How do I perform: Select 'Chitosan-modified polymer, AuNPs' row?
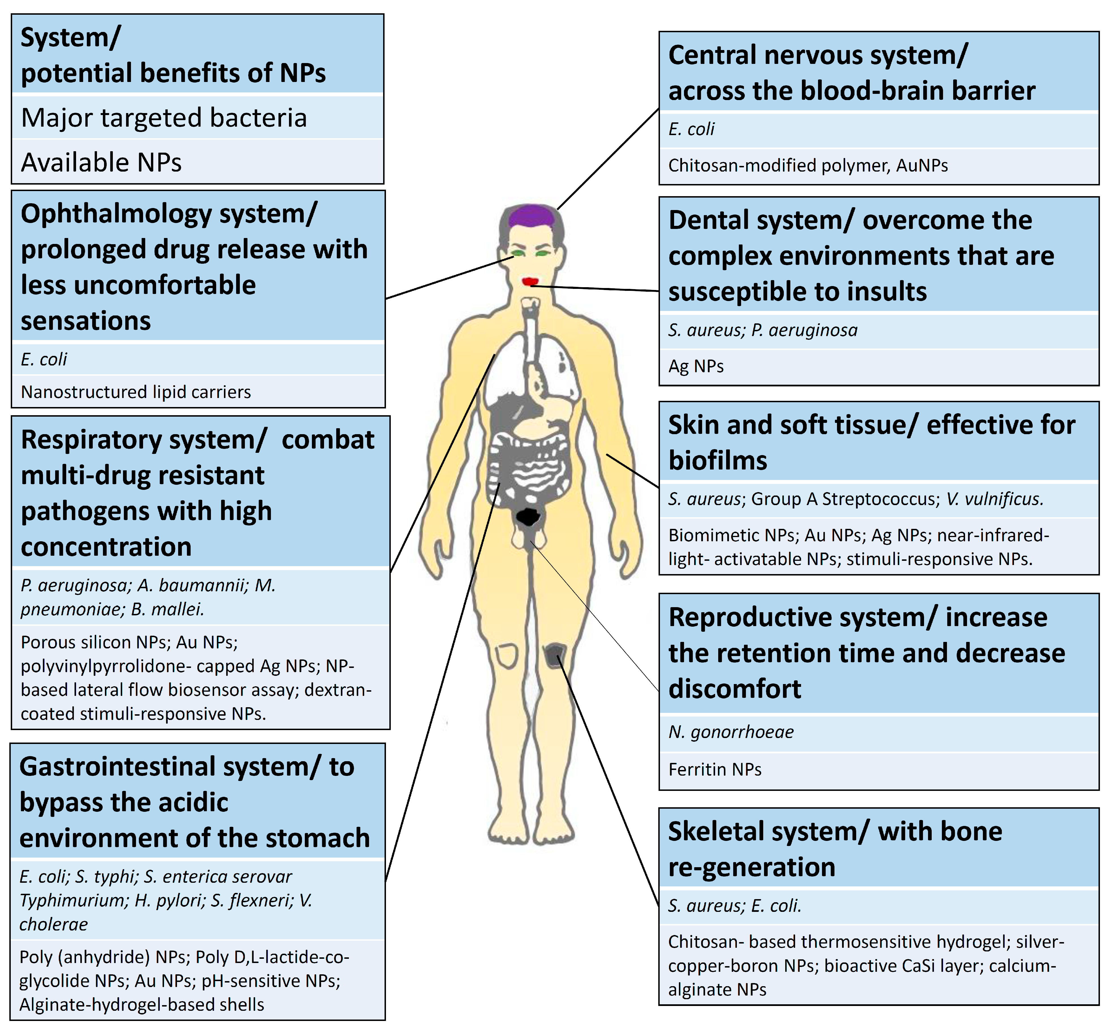click(x=808, y=165)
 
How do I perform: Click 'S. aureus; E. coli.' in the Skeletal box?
click(x=734, y=906)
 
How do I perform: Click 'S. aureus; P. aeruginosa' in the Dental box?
click(x=762, y=330)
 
